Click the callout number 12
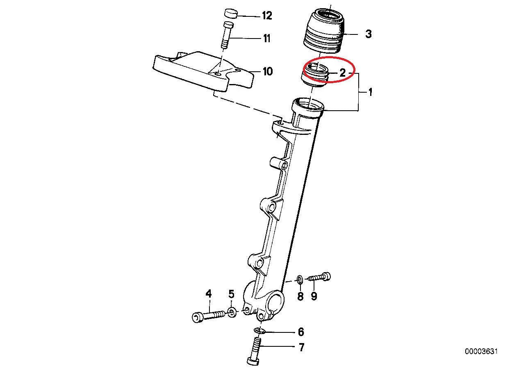266,16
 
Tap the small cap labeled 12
231,13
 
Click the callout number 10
267,72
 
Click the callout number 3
368,34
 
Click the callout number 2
343,73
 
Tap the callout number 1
370,92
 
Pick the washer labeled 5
232,313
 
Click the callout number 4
209,293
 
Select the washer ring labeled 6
259,330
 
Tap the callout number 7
301,348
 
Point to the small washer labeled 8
300,280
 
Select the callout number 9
314,296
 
